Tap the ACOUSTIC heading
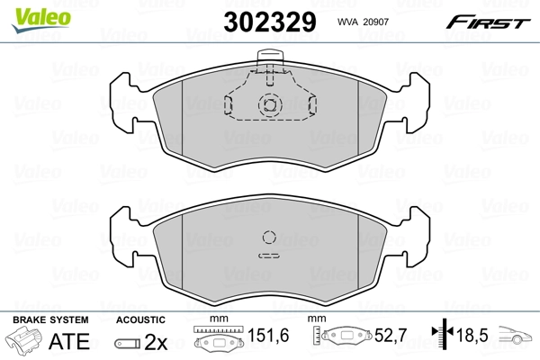tap(140, 319)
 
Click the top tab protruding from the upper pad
tap(270, 60)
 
